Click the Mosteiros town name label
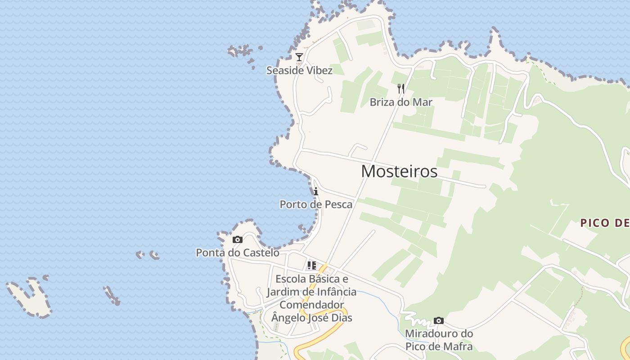coord(399,171)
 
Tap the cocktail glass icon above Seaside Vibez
coord(299,57)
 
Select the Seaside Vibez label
coord(299,71)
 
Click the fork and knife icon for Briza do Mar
coord(401,89)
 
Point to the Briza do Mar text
coord(401,102)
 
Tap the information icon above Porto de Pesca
coord(316,192)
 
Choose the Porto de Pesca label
coord(316,205)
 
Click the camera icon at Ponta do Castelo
coord(238,240)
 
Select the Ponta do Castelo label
coord(238,253)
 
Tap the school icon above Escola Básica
coord(311,265)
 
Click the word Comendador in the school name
coord(311,305)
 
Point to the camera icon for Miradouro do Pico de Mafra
coord(439,321)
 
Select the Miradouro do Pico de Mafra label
coord(439,340)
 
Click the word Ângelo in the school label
coord(288,318)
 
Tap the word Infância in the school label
coord(333,292)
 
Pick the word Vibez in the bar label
coord(318,71)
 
